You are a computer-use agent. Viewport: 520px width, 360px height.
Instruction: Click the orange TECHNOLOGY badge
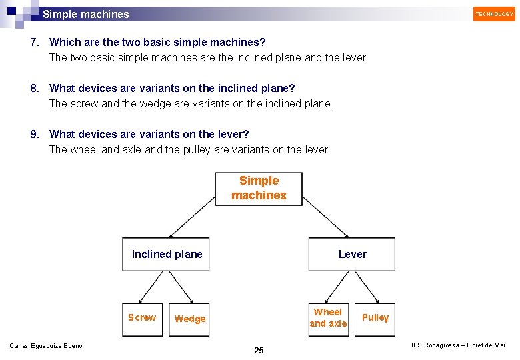click(x=494, y=14)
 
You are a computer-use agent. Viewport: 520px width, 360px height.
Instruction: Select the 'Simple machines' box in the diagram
click(x=259, y=189)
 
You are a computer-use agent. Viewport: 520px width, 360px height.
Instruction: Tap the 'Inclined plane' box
click(x=166, y=254)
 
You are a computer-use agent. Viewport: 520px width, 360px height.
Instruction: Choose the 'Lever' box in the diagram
click(x=351, y=254)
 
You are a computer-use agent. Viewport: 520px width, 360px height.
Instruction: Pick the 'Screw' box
click(x=142, y=318)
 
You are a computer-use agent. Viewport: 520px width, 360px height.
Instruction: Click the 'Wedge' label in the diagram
click(x=190, y=319)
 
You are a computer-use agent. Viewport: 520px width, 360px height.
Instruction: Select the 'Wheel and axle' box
click(x=328, y=318)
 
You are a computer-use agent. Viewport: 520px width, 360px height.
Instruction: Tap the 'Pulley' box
click(x=375, y=318)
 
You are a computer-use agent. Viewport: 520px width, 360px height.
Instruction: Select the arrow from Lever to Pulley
click(x=367, y=287)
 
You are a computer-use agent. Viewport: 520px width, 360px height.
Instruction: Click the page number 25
click(x=259, y=351)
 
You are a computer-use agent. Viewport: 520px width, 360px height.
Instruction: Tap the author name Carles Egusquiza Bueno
click(x=46, y=345)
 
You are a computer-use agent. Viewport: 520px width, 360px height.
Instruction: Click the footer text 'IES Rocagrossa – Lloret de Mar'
click(x=459, y=345)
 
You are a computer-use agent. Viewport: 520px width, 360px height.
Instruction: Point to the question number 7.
click(x=35, y=43)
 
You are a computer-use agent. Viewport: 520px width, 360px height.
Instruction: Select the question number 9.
click(x=35, y=135)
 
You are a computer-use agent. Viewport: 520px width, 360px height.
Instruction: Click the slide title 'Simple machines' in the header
click(x=86, y=14)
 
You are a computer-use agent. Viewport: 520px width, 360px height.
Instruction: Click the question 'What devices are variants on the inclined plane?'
click(x=172, y=89)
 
